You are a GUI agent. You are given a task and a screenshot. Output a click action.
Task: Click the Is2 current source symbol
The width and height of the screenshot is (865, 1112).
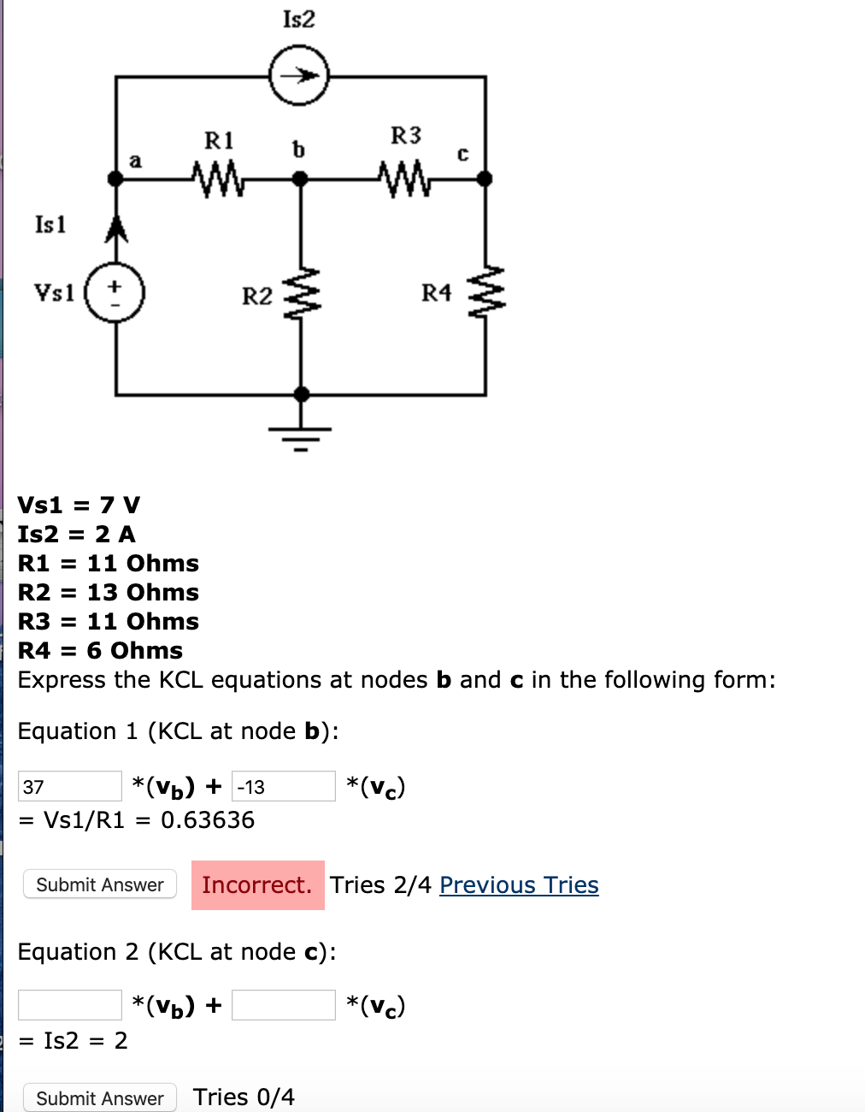pyautogui.click(x=298, y=77)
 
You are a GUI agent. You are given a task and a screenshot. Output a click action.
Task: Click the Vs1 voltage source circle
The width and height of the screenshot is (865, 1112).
pyautogui.click(x=115, y=293)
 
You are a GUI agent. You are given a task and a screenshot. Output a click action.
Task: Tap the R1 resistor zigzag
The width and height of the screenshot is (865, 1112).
pyautogui.click(x=219, y=179)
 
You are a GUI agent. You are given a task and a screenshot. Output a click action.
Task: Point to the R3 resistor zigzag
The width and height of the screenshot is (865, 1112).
pyautogui.click(x=405, y=179)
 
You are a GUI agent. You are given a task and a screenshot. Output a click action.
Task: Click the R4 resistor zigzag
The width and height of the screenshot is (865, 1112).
pyautogui.click(x=485, y=293)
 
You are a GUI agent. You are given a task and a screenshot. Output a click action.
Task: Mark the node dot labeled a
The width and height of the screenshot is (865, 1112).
pyautogui.click(x=115, y=179)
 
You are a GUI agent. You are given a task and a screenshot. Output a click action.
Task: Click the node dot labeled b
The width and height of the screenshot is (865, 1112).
pyautogui.click(x=300, y=179)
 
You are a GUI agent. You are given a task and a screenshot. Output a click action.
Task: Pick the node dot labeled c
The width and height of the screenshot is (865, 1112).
pyautogui.click(x=484, y=179)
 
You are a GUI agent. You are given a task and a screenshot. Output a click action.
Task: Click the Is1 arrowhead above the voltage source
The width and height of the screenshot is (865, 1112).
pyautogui.click(x=115, y=228)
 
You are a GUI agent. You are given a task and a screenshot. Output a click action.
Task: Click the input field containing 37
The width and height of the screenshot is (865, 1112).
pyautogui.click(x=70, y=786)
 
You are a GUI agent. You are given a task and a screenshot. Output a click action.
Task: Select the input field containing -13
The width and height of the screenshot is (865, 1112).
pyautogui.click(x=283, y=786)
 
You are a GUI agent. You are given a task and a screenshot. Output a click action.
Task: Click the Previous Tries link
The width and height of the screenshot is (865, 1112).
pyautogui.click(x=519, y=884)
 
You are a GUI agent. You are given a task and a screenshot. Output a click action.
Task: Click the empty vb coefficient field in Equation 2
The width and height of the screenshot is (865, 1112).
pyautogui.click(x=70, y=1005)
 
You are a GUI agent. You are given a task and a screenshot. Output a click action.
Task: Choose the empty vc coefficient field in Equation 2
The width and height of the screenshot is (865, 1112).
pyautogui.click(x=283, y=1005)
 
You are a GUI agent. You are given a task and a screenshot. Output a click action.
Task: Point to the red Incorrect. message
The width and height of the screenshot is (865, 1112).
pyautogui.click(x=257, y=884)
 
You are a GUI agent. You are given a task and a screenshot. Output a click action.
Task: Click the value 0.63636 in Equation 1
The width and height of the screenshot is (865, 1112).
pyautogui.click(x=208, y=820)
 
